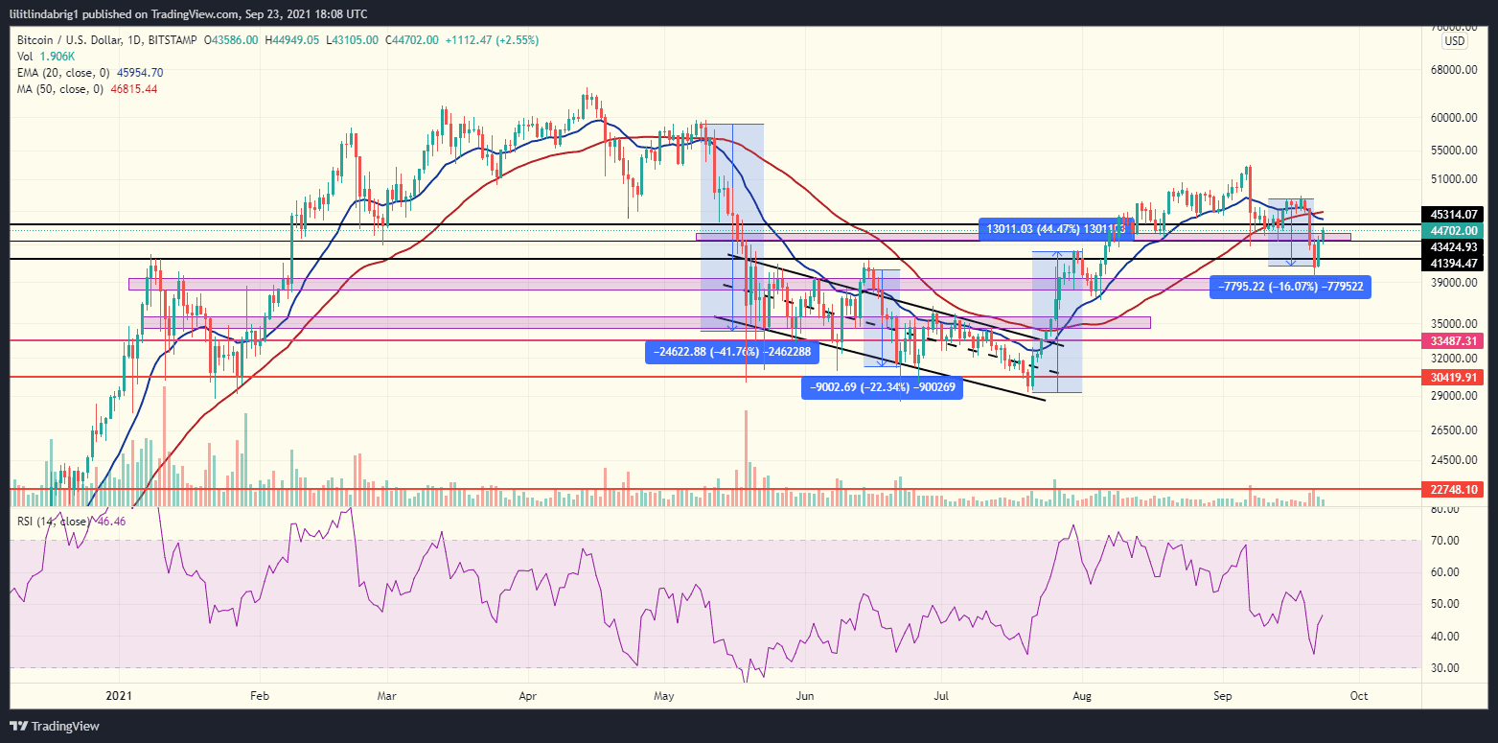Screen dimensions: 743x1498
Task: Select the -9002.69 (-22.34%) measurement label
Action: pos(881,388)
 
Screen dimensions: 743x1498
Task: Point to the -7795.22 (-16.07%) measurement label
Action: pos(1289,286)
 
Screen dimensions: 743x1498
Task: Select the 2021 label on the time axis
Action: pos(118,694)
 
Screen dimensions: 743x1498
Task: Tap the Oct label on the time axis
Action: pos(1358,694)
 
